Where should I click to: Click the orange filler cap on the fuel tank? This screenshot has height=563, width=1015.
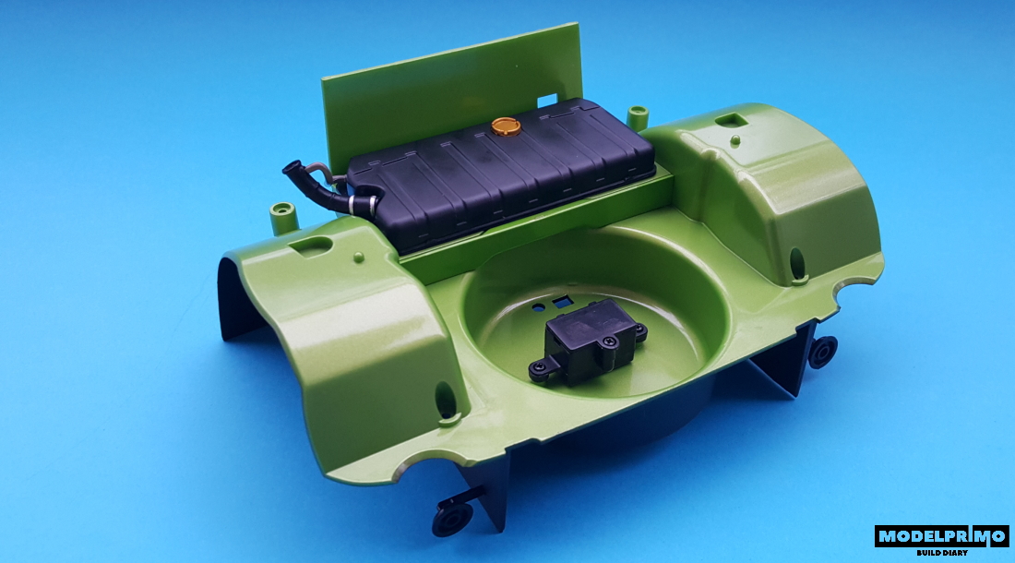(x=506, y=126)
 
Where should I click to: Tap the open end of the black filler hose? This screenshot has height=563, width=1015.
(x=289, y=168)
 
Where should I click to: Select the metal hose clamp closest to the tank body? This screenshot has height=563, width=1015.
(x=373, y=205)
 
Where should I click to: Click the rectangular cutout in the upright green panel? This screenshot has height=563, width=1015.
(x=547, y=101)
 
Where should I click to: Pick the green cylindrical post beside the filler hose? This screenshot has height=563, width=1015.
(x=283, y=217)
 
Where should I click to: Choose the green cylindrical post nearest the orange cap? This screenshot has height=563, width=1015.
(x=638, y=116)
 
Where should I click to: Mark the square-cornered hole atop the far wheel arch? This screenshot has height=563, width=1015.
(x=733, y=120)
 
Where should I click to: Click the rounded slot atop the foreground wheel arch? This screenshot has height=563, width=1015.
(x=311, y=246)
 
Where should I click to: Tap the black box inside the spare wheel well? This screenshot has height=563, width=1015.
(x=588, y=341)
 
